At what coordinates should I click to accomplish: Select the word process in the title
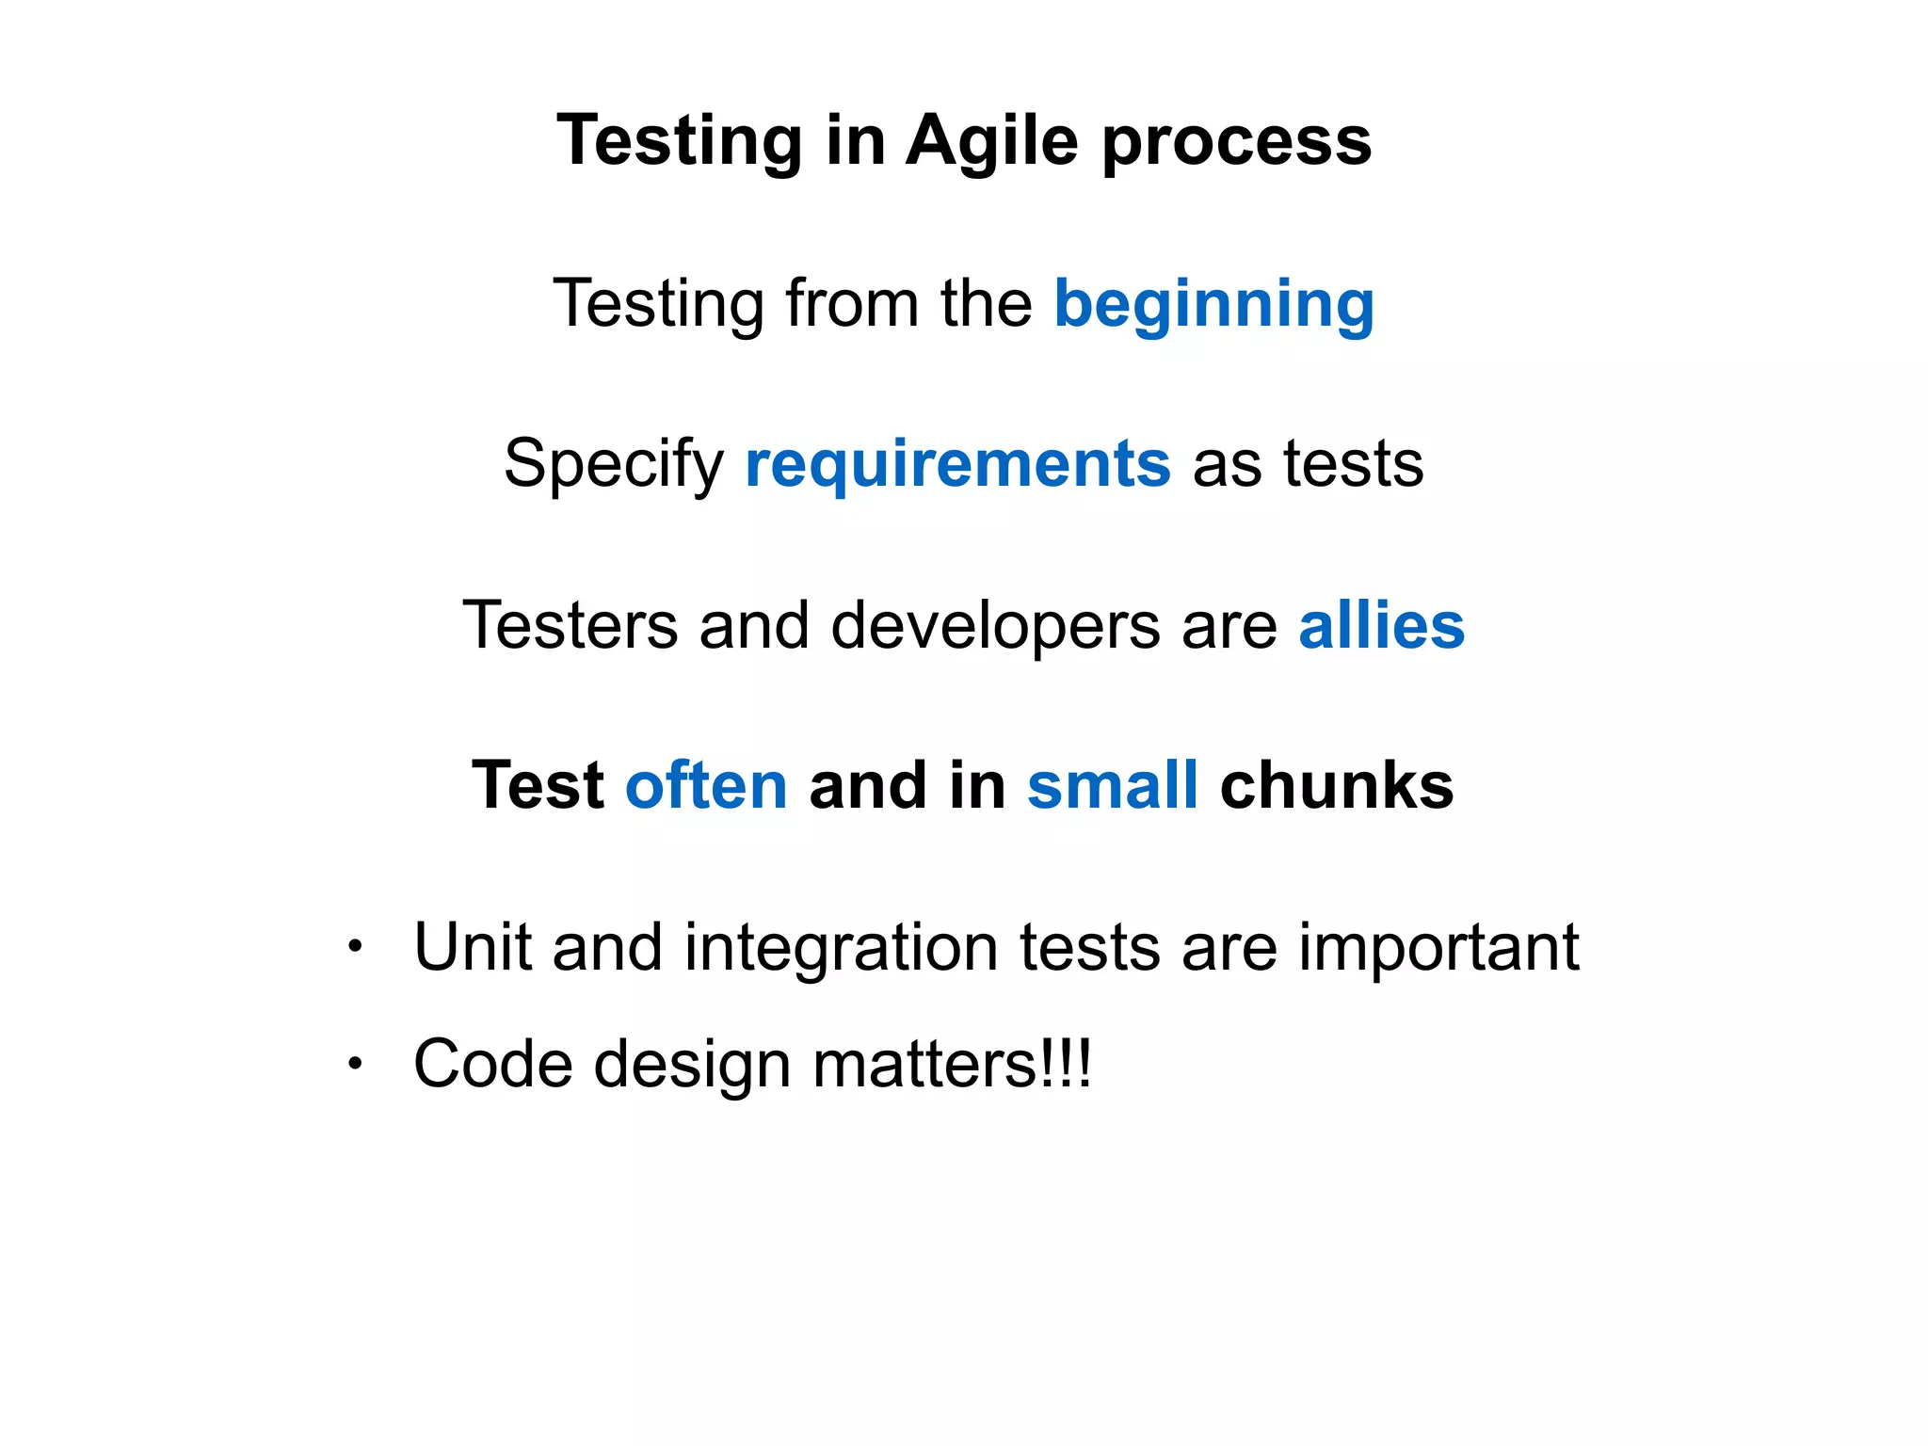(x=1236, y=143)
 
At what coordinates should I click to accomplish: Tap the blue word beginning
(x=1213, y=305)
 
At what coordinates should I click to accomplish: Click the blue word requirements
(x=957, y=465)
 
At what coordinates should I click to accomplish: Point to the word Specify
(x=613, y=465)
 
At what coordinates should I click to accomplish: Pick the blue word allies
(x=1381, y=625)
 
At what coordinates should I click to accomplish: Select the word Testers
(x=570, y=625)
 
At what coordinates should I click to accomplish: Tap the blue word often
(x=706, y=785)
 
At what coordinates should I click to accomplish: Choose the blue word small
(x=1112, y=785)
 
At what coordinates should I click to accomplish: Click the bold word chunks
(x=1337, y=785)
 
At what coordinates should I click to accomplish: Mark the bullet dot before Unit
(x=354, y=946)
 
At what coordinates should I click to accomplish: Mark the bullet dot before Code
(x=354, y=1064)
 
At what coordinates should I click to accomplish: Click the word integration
(x=841, y=948)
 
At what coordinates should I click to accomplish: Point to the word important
(x=1438, y=948)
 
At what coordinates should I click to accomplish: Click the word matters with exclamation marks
(x=951, y=1064)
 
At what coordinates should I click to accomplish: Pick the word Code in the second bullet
(x=492, y=1064)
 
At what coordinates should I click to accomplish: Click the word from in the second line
(x=851, y=303)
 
